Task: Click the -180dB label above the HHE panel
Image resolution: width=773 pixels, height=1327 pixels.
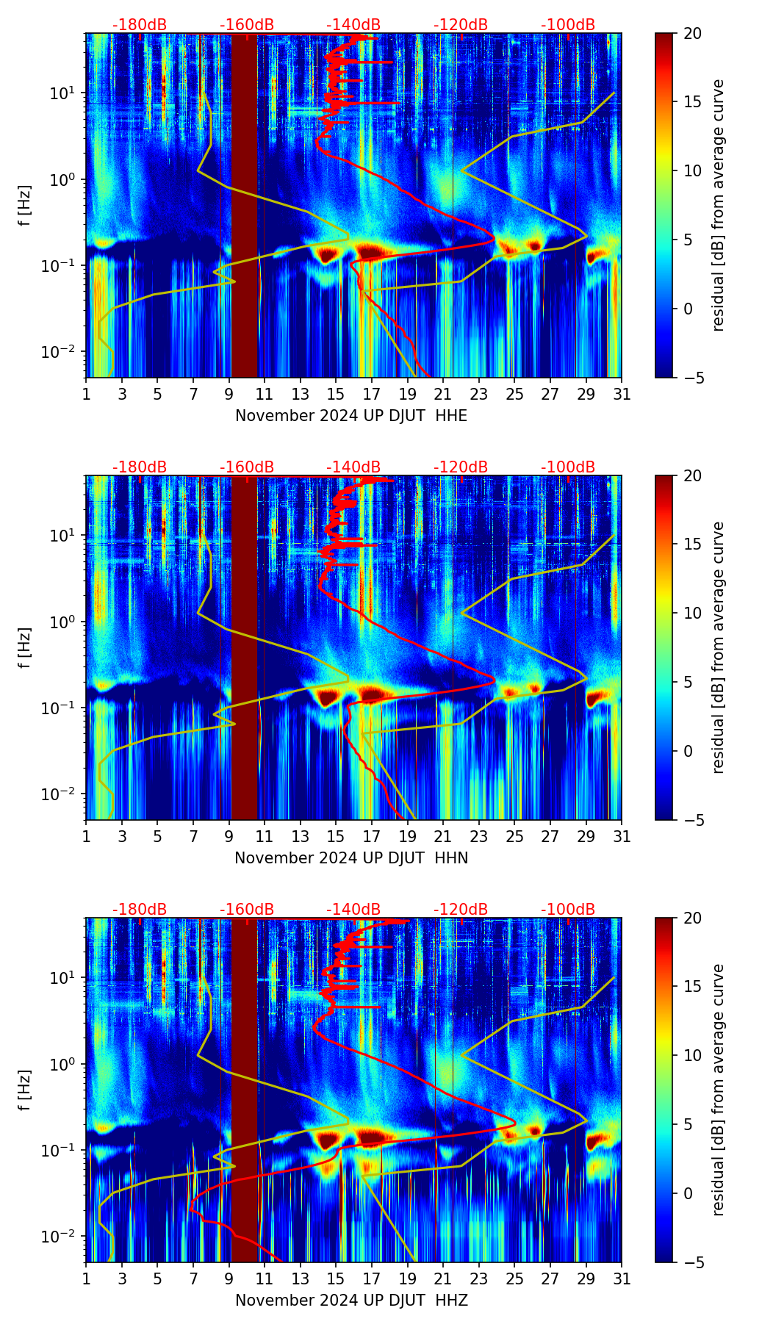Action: pos(140,25)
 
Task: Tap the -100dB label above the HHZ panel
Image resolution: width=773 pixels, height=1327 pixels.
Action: pos(568,910)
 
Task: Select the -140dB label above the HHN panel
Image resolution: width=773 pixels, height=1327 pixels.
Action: pos(353,467)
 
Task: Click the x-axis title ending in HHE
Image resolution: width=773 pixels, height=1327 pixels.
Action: pos(351,416)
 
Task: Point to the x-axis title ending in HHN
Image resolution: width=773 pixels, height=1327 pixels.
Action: pos(351,858)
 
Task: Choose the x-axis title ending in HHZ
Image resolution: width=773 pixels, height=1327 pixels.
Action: pos(351,1301)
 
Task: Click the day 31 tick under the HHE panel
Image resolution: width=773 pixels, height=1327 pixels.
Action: pos(622,394)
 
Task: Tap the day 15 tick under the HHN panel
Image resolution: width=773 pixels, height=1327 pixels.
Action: pos(336,836)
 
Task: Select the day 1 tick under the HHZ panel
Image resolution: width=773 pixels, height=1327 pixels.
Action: pos(86,1279)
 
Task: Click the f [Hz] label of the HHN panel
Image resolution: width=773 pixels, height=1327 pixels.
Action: pos(25,647)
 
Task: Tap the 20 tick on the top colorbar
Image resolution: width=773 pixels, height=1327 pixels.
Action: pos(692,34)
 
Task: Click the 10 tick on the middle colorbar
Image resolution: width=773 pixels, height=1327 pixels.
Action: pos(692,613)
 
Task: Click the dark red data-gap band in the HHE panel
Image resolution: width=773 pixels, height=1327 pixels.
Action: pos(245,206)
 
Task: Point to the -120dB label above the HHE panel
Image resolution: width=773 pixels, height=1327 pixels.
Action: pos(461,25)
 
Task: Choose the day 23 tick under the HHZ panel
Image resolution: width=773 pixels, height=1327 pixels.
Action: pos(479,1279)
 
